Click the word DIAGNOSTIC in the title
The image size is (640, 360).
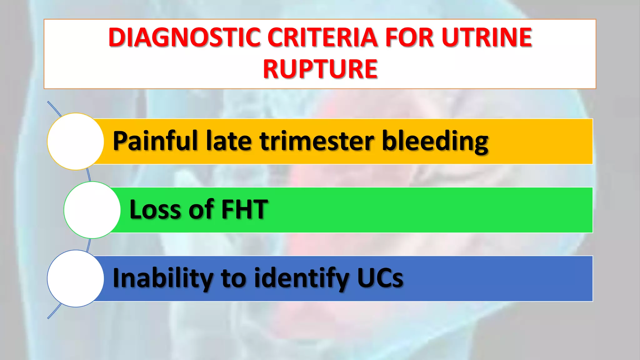(184, 37)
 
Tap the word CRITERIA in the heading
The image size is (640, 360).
(322, 37)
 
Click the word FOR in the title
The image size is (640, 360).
(409, 37)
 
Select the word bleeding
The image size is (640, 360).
(435, 141)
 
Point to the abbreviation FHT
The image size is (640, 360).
(244, 209)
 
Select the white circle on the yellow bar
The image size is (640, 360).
(76, 142)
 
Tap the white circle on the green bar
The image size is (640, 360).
(92, 210)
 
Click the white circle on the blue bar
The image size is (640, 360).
(76, 278)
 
